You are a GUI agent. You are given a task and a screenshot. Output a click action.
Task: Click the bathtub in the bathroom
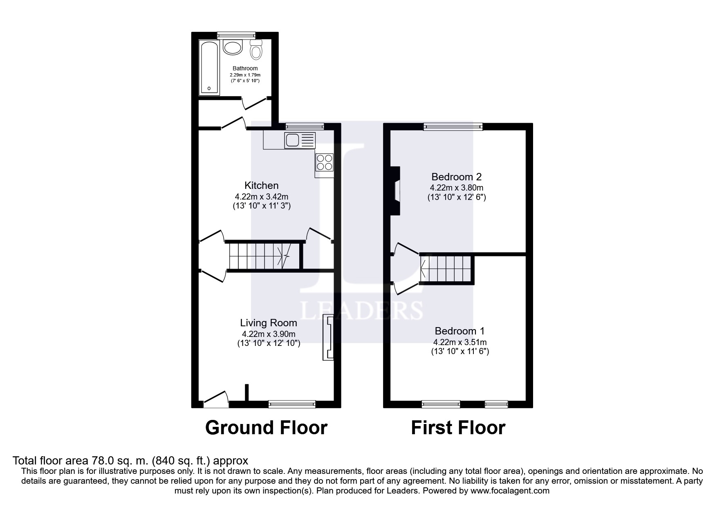(209, 67)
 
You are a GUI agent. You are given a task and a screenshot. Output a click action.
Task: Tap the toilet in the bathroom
(256, 50)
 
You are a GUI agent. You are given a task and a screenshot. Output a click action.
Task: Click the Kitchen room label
(261, 185)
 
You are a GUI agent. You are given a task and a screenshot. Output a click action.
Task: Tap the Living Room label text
(269, 323)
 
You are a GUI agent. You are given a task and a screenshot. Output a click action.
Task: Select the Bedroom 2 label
(456, 177)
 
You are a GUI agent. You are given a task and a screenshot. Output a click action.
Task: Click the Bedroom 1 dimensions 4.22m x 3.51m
(460, 342)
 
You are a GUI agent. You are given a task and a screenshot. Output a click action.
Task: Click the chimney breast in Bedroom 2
(395, 191)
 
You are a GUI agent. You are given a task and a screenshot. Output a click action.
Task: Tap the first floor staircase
(446, 269)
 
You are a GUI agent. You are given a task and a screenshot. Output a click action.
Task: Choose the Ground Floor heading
(266, 428)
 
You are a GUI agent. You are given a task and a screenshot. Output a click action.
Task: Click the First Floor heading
(458, 428)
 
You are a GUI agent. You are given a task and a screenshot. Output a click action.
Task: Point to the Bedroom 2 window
(453, 127)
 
